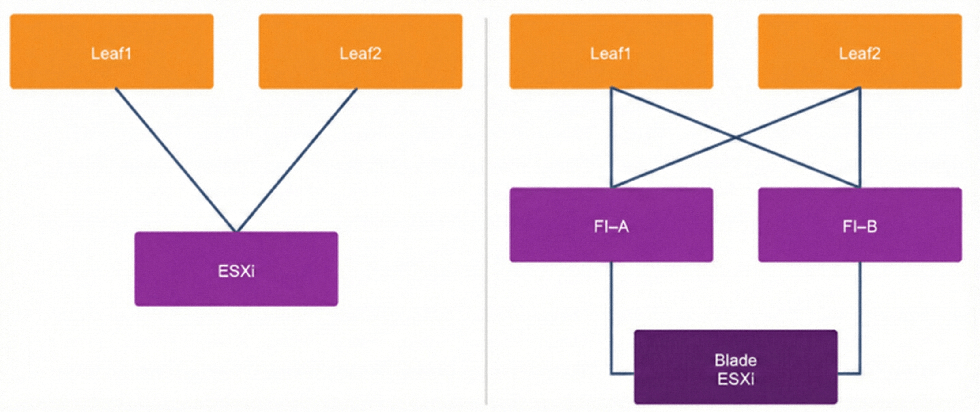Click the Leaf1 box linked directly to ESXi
click(111, 51)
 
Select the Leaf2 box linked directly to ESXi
click(360, 51)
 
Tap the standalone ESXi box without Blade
click(236, 269)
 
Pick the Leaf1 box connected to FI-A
click(611, 51)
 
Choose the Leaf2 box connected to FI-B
click(860, 51)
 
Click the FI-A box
click(611, 225)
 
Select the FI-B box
click(860, 225)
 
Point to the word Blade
click(735, 360)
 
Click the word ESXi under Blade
click(735, 379)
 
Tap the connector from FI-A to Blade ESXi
click(611, 316)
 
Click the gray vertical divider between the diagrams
click(486, 209)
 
